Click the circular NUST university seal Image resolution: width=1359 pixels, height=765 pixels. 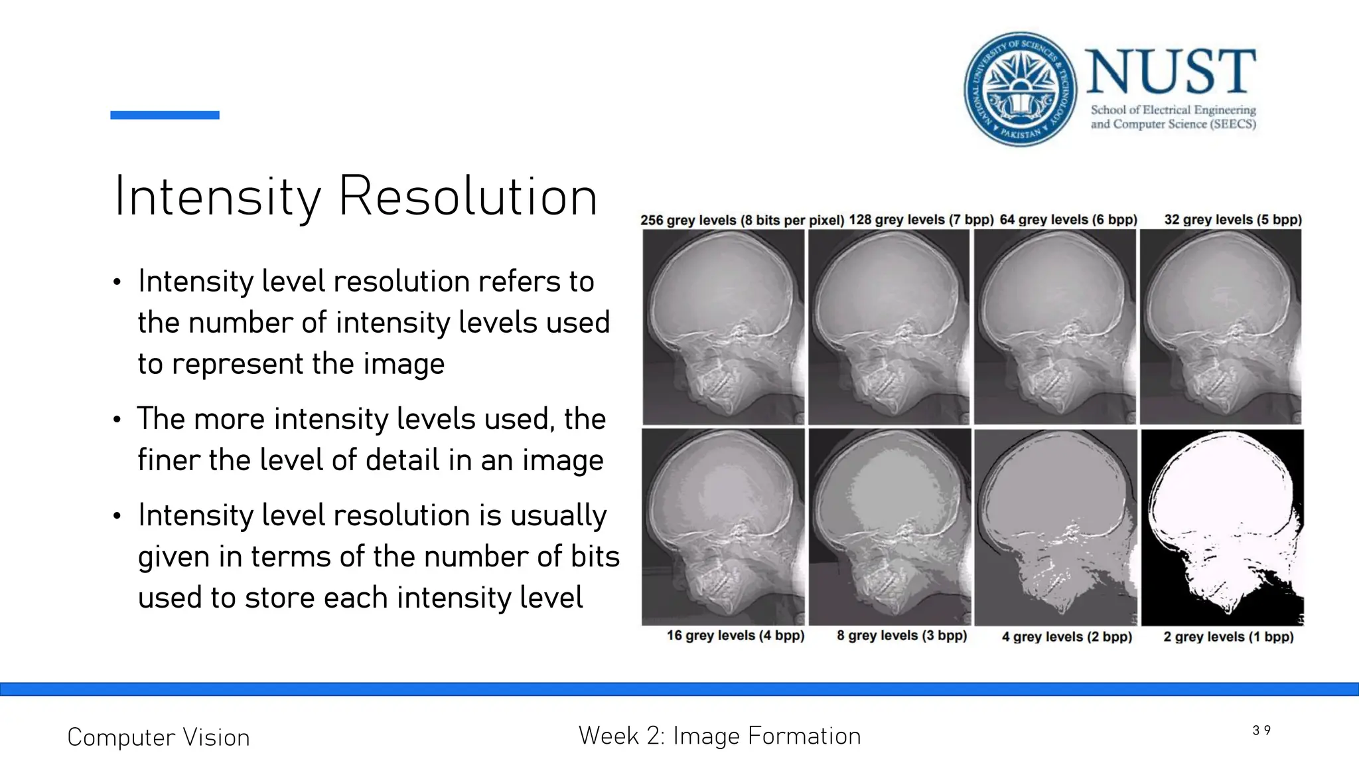pyautogui.click(x=1021, y=89)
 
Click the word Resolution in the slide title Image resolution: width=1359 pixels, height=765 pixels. pyautogui.click(x=468, y=197)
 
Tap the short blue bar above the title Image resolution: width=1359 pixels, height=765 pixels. pyautogui.click(x=165, y=115)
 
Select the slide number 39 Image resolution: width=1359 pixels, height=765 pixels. pyautogui.click(x=1261, y=730)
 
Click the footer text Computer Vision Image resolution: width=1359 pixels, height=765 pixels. pyautogui.click(x=159, y=737)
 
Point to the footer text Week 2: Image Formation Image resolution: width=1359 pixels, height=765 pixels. pyautogui.click(x=719, y=736)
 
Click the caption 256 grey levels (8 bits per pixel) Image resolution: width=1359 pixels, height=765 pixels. pyautogui.click(x=742, y=220)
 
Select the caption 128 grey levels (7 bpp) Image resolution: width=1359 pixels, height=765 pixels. pyautogui.click(x=921, y=219)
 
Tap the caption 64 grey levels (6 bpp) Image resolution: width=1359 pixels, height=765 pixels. pyautogui.click(x=1068, y=219)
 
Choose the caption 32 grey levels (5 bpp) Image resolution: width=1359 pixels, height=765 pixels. pyautogui.click(x=1233, y=219)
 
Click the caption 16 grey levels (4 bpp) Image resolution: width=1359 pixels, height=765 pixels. pyautogui.click(x=735, y=636)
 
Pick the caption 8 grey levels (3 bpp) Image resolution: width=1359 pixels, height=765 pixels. pyautogui.click(x=902, y=636)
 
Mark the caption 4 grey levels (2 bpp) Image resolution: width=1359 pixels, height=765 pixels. pyautogui.click(x=1067, y=637)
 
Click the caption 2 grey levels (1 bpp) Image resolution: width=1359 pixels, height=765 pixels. pyautogui.click(x=1228, y=637)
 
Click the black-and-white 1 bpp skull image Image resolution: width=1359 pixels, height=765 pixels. pyautogui.click(x=1222, y=527)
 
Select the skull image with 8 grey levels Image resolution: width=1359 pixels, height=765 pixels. pyautogui.click(x=890, y=527)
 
